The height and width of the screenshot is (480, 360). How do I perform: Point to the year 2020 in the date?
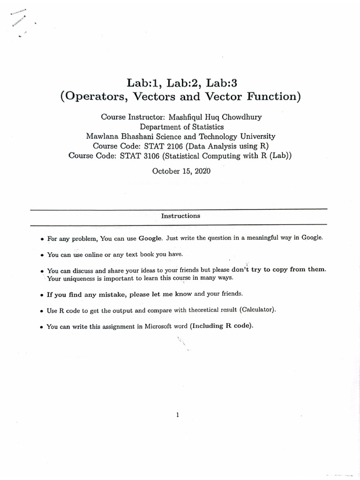[202, 171]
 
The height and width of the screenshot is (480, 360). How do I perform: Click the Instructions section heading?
[180, 216]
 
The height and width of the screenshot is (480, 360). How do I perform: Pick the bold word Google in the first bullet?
[150, 238]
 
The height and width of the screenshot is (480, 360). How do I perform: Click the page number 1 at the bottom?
[178, 414]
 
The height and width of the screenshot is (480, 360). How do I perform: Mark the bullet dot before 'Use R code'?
[42, 311]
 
